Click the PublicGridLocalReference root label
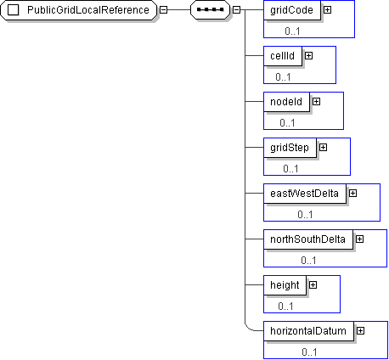(x=88, y=10)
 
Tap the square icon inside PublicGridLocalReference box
(x=13, y=10)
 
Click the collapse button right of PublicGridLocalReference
(x=163, y=10)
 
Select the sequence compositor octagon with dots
(x=210, y=10)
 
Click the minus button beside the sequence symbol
(x=236, y=10)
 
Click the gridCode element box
(x=292, y=10)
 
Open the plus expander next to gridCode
(x=327, y=10)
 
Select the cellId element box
(x=283, y=56)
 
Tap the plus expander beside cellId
(x=308, y=56)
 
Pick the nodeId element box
(x=286, y=102)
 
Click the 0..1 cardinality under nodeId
(x=287, y=123)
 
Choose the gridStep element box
(x=290, y=148)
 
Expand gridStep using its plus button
(x=323, y=148)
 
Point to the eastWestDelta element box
(x=305, y=194)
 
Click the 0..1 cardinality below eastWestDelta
(x=305, y=215)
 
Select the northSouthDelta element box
(x=308, y=239)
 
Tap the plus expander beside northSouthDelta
(x=359, y=239)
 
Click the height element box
(x=285, y=285)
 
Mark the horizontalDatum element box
(x=308, y=331)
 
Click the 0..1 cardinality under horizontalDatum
(x=309, y=352)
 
